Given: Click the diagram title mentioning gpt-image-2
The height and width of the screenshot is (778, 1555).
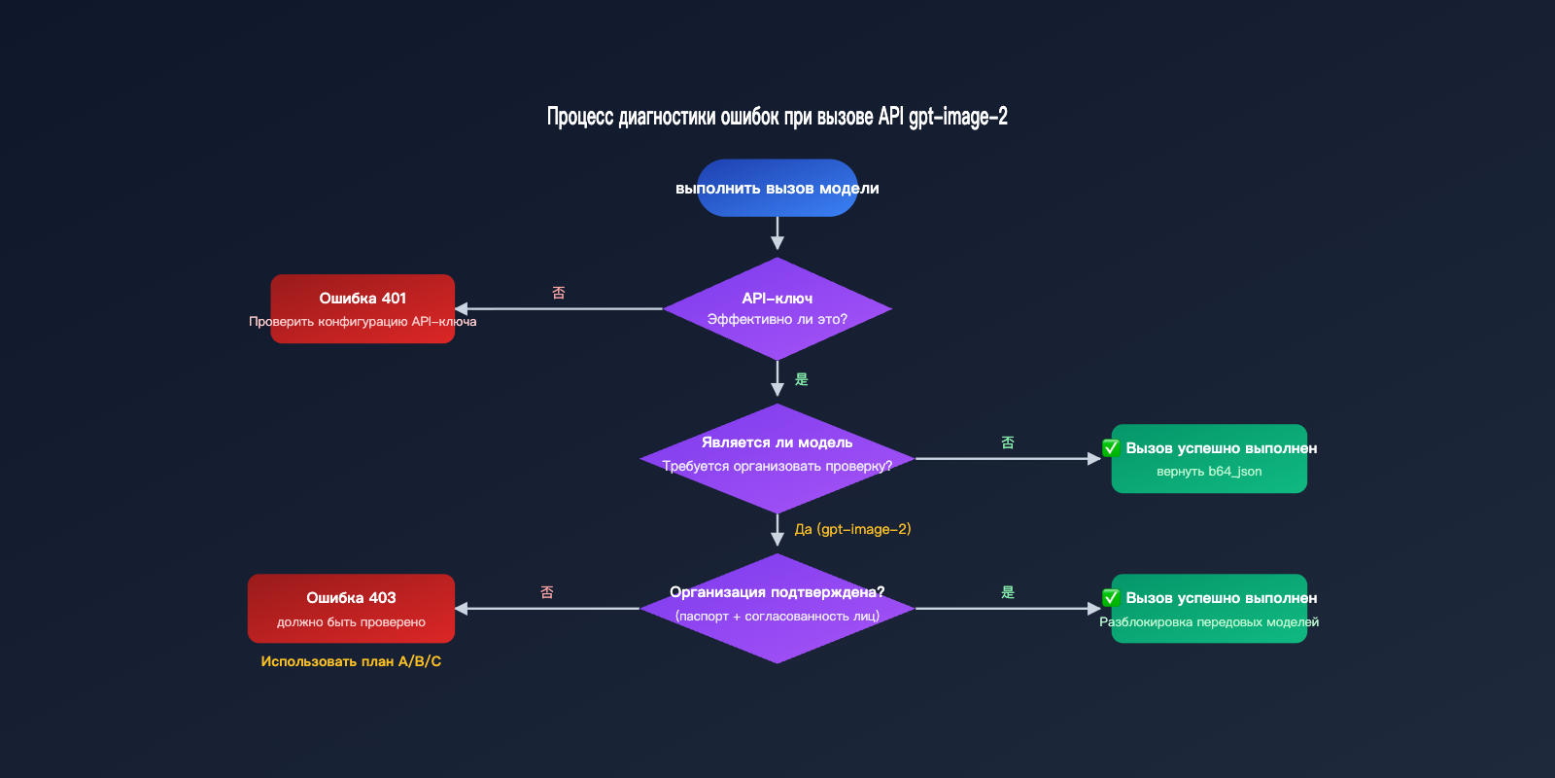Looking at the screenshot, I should (777, 117).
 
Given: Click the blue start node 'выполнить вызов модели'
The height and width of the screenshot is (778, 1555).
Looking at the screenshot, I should (777, 188).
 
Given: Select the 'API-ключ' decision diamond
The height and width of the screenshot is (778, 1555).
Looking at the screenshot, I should (777, 308).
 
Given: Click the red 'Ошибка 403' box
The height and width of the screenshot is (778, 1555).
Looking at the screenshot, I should (351, 608).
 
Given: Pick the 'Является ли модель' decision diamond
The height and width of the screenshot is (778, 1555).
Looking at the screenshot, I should (777, 457).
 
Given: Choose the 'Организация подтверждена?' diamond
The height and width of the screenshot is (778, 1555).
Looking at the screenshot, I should (777, 608).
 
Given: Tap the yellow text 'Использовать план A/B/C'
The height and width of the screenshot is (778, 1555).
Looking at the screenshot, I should (351, 661).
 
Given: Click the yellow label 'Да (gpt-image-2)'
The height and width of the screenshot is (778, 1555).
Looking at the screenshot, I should (852, 529).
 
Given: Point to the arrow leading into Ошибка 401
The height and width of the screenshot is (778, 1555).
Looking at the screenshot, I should (559, 308).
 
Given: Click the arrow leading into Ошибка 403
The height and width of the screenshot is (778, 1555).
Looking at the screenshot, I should (546, 608).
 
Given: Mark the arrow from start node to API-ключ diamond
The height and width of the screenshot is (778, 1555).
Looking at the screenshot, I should (777, 233).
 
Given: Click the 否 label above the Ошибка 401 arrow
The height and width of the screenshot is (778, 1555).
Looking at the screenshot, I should (559, 293).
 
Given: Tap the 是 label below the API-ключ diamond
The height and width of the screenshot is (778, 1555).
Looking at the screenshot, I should (802, 379).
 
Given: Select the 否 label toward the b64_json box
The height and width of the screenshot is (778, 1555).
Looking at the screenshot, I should (1008, 442).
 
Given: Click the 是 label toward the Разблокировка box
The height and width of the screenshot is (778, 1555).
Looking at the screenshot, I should (1008, 592).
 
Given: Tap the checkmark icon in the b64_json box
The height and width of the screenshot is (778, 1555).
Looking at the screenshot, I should (1111, 448).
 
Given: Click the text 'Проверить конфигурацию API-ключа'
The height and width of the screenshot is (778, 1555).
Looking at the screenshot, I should (363, 322).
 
